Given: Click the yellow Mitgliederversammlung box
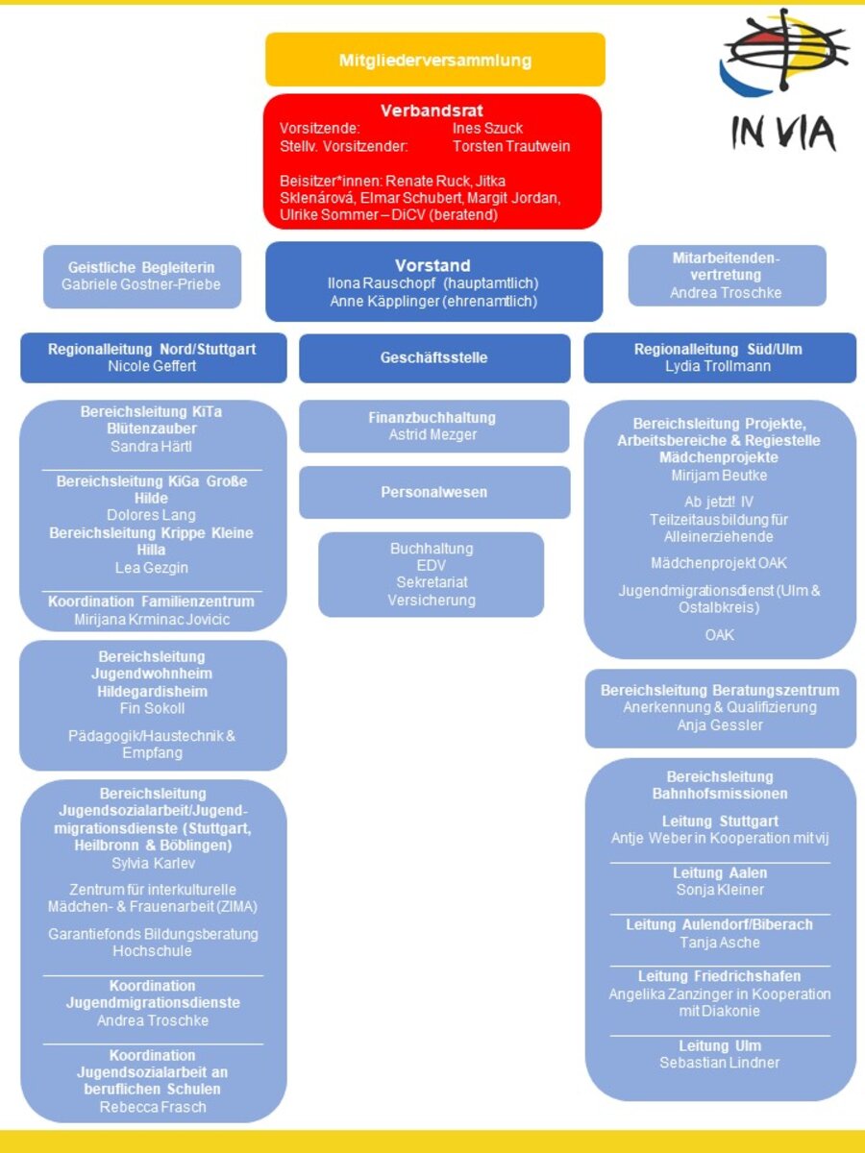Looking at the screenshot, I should pyautogui.click(x=435, y=60).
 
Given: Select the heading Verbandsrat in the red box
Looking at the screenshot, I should pyautogui.click(x=432, y=110).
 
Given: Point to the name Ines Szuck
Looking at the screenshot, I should pyautogui.click(x=487, y=129).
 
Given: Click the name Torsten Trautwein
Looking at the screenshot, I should pyautogui.click(x=511, y=146).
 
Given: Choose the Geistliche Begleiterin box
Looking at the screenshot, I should pyautogui.click(x=141, y=276).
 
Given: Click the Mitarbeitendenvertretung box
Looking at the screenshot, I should pyautogui.click(x=727, y=275).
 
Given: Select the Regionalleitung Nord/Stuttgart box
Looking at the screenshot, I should pyautogui.click(x=153, y=357).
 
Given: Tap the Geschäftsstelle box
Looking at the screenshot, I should pyautogui.click(x=434, y=357).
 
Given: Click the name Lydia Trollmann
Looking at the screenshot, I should pyautogui.click(x=720, y=366).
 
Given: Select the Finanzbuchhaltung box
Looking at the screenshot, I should pyautogui.click(x=434, y=426).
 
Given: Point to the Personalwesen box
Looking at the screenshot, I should pyautogui.click(x=434, y=492).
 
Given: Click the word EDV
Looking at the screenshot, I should pyautogui.click(x=432, y=566).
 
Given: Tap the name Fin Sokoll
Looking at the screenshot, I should pyautogui.click(x=152, y=708).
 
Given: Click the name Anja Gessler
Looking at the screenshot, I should pyautogui.click(x=720, y=725).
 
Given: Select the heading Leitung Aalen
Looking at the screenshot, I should pyautogui.click(x=720, y=872).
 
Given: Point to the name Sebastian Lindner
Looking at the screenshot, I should pyautogui.click(x=720, y=1063).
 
